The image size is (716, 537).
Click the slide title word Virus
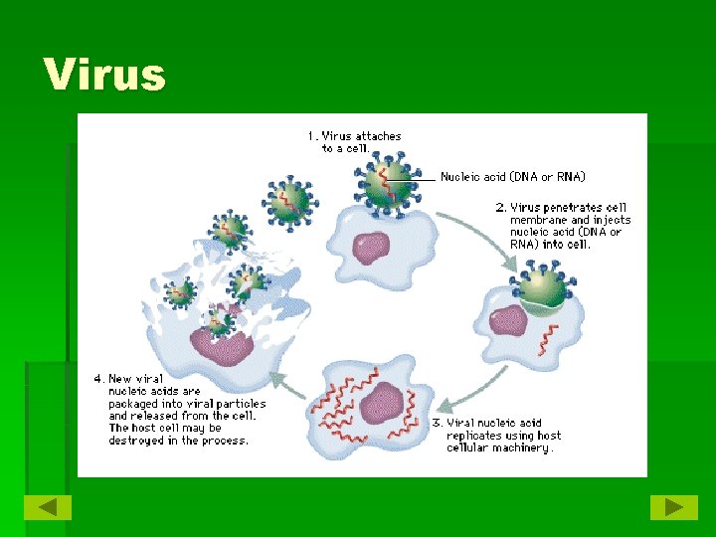[104, 75]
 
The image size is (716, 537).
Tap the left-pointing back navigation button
[48, 507]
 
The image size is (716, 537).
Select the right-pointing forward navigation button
[673, 507]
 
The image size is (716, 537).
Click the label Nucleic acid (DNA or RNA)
[513, 177]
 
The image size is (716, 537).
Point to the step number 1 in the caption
[311, 136]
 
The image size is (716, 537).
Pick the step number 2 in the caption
[500, 208]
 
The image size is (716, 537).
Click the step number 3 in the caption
[438, 423]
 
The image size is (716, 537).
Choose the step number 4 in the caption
[97, 379]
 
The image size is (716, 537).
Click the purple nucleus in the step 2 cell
[508, 320]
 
